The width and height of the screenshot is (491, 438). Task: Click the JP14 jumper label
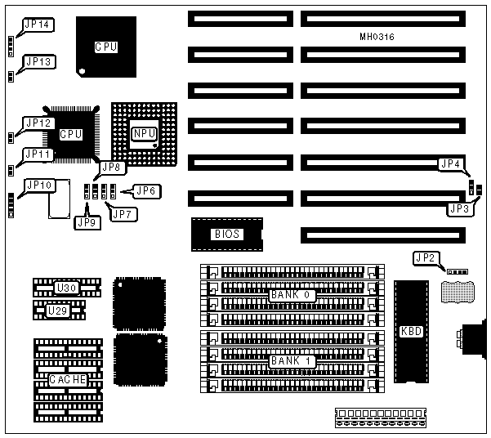point(38,25)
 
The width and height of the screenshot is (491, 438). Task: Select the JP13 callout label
point(38,61)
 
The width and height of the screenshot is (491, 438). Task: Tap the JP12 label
point(38,123)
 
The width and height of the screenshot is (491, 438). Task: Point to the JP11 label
point(38,154)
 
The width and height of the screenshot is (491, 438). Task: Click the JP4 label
point(450,164)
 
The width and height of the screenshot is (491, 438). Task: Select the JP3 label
point(458,209)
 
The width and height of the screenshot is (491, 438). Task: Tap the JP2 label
point(425,258)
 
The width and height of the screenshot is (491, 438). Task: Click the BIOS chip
point(226,234)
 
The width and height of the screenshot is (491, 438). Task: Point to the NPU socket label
point(145,131)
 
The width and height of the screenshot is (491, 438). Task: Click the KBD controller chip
point(409,332)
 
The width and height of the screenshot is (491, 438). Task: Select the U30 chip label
point(65,288)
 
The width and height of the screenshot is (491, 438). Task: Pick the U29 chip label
point(56,311)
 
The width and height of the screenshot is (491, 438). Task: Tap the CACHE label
point(67,379)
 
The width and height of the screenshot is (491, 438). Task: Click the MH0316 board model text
point(377,37)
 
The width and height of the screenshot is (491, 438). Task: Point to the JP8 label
point(111,169)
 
